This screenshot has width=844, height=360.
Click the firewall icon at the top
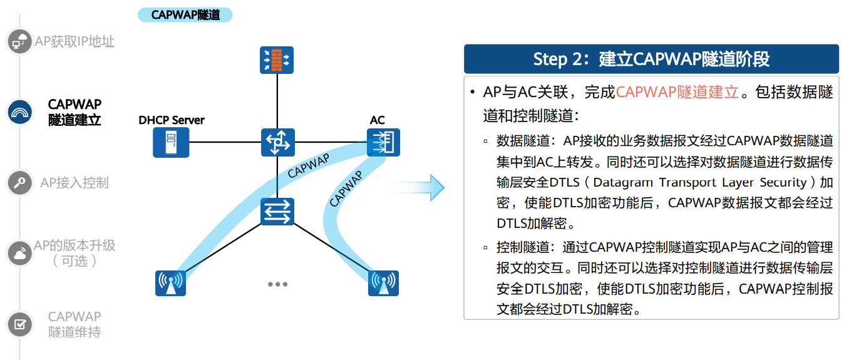277,61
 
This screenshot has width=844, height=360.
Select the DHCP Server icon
170,142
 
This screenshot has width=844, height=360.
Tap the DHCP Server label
172,120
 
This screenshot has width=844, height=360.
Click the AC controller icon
383,142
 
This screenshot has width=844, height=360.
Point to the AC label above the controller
378,120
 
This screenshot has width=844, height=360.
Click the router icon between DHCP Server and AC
277,142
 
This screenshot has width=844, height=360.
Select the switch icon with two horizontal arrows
277,211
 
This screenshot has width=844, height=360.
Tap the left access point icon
170,283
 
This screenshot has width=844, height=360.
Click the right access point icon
383,283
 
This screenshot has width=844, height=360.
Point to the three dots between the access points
277,284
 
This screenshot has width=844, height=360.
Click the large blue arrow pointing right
420,187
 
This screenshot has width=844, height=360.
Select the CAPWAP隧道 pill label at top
185,14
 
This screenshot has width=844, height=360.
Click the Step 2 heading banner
651,59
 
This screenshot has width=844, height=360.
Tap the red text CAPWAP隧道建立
677,92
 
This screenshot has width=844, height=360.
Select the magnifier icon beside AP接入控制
19,183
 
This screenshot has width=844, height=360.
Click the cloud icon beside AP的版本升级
19,253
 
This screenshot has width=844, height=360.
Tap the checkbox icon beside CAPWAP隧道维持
19,324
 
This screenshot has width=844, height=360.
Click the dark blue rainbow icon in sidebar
19,112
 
